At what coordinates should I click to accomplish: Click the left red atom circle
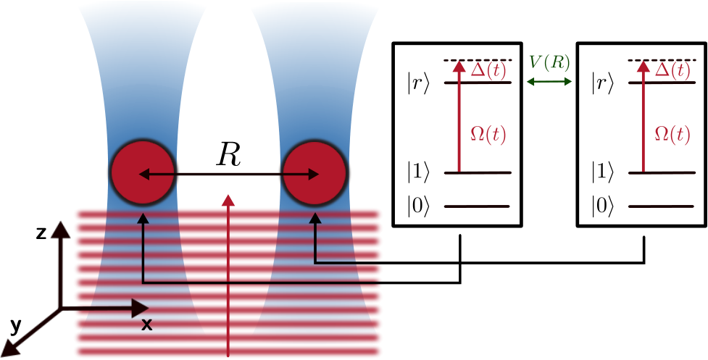pyautogui.click(x=143, y=174)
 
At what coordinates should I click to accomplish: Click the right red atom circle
pyautogui.click(x=315, y=174)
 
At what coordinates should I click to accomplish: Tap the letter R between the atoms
pyautogui.click(x=228, y=156)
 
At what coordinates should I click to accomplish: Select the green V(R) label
pyautogui.click(x=549, y=63)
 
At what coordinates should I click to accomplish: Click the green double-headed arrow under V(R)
pyautogui.click(x=549, y=82)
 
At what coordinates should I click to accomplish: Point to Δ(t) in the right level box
pyautogui.click(x=672, y=70)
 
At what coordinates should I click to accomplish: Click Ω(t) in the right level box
pyautogui.click(x=672, y=135)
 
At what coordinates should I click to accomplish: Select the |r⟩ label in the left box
pyautogui.click(x=417, y=84)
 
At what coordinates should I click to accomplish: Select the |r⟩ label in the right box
pyautogui.click(x=602, y=84)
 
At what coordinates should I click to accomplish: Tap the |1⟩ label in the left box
pyautogui.click(x=417, y=173)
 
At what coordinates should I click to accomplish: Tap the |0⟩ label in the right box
pyautogui.click(x=602, y=207)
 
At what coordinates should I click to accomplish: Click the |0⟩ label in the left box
pyautogui.click(x=417, y=207)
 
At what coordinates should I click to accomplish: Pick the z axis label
pyautogui.click(x=41, y=233)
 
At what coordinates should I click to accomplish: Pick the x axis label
pyautogui.click(x=146, y=325)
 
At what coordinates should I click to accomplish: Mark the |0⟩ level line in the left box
pyautogui.click(x=477, y=206)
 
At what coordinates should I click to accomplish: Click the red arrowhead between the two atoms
pyautogui.click(x=229, y=201)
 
